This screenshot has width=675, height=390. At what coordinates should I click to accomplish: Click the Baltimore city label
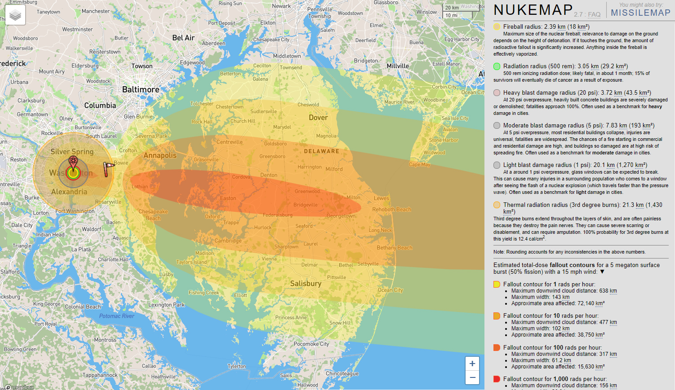click(141, 89)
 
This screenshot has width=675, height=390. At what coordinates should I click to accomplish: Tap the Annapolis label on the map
click(160, 155)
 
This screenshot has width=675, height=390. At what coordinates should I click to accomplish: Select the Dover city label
click(318, 118)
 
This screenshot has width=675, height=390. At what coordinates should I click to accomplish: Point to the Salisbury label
click(306, 284)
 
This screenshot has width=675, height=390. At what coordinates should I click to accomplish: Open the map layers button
click(15, 16)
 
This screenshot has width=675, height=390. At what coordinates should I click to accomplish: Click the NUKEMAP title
click(533, 10)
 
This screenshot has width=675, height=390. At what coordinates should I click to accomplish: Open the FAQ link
click(594, 14)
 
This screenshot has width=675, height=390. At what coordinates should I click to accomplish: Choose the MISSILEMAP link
click(640, 13)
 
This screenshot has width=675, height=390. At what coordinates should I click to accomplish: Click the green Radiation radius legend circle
click(497, 66)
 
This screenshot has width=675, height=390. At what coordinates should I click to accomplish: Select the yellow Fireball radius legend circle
click(497, 27)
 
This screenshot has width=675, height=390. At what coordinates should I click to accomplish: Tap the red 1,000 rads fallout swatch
click(497, 379)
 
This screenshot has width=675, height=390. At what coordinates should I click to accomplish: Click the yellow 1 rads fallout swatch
click(497, 284)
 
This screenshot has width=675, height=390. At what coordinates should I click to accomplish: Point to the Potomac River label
click(117, 316)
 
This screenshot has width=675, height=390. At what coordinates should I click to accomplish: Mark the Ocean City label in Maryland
click(390, 290)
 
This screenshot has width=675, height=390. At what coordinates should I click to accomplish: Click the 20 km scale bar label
click(452, 8)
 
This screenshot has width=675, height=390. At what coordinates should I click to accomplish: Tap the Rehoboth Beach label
click(391, 210)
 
